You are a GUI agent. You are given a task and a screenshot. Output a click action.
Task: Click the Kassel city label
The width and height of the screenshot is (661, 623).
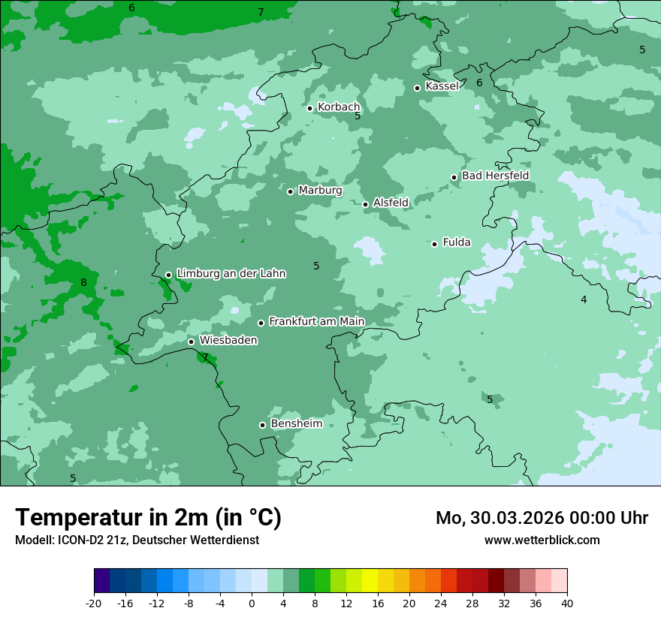tap(442, 86)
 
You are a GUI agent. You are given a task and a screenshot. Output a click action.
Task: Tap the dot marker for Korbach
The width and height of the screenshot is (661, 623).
tap(309, 108)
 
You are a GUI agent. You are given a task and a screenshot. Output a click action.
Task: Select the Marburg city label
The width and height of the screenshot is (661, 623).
tap(320, 191)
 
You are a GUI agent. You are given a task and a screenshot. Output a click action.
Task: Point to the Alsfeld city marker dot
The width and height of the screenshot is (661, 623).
tap(366, 204)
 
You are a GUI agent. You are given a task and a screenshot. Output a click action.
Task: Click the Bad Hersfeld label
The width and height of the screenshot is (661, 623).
tap(495, 176)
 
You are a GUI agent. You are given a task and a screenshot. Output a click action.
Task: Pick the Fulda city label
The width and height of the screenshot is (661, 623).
tap(457, 242)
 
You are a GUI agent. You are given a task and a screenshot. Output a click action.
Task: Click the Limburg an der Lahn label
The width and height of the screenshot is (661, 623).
tap(231, 274)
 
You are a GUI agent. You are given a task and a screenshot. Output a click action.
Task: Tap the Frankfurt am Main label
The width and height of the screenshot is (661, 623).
tap(316, 322)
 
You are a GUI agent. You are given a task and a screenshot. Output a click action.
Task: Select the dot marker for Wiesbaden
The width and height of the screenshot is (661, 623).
tap(192, 342)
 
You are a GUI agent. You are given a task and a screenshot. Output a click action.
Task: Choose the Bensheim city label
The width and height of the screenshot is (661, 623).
tap(296, 424)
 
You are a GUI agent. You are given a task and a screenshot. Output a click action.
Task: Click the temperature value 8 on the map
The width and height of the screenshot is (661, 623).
tap(83, 283)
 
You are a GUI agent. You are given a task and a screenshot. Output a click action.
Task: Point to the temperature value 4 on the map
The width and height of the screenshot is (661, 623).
tap(584, 300)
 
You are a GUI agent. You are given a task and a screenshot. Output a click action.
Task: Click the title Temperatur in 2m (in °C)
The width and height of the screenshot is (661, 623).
tap(148, 518)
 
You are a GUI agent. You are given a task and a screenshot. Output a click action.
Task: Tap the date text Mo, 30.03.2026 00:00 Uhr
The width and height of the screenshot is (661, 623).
tap(542, 518)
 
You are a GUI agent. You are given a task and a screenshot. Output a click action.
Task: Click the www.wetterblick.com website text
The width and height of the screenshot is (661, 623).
tap(542, 540)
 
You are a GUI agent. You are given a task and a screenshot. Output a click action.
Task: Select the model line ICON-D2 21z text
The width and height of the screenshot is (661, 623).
tap(137, 540)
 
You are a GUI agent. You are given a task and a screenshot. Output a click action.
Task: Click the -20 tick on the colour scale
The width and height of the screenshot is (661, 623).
tap(94, 603)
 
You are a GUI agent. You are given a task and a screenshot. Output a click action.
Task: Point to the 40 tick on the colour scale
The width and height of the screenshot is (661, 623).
tap(566, 603)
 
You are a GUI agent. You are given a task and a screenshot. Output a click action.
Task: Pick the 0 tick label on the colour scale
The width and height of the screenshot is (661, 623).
tap(252, 603)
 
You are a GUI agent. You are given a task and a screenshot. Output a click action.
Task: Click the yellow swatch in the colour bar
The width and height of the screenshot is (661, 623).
tap(370, 581)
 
